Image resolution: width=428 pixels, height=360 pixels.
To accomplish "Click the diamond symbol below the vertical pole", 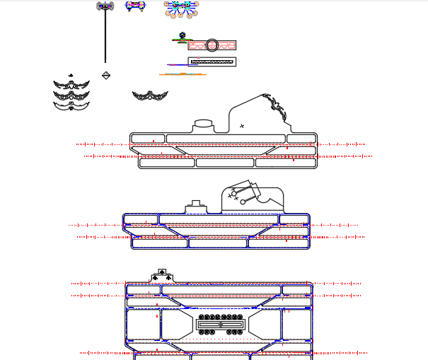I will [106, 75].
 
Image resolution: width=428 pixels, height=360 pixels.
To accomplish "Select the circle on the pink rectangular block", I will [212, 45].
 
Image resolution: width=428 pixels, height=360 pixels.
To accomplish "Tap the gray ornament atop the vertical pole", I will [105, 6].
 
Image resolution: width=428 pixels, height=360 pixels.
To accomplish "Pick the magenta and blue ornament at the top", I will [135, 6].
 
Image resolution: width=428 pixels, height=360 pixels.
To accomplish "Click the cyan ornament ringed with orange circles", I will [181, 7].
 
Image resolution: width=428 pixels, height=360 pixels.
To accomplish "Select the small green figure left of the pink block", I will [183, 35].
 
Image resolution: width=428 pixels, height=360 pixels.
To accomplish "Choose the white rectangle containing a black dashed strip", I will [212, 62].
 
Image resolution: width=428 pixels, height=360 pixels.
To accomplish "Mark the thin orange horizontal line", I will [183, 74].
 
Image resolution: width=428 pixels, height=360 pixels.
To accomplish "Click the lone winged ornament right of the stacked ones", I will [149, 95].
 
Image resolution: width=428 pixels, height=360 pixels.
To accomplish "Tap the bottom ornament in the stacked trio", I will [71, 105].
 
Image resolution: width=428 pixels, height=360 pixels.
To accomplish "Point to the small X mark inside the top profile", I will [242, 126].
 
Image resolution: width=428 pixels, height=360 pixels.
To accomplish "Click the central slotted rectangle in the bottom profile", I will [220, 325].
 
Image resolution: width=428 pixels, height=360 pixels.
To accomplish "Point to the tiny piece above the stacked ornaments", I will [70, 75].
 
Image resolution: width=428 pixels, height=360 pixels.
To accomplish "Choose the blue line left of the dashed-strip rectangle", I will [177, 65].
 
